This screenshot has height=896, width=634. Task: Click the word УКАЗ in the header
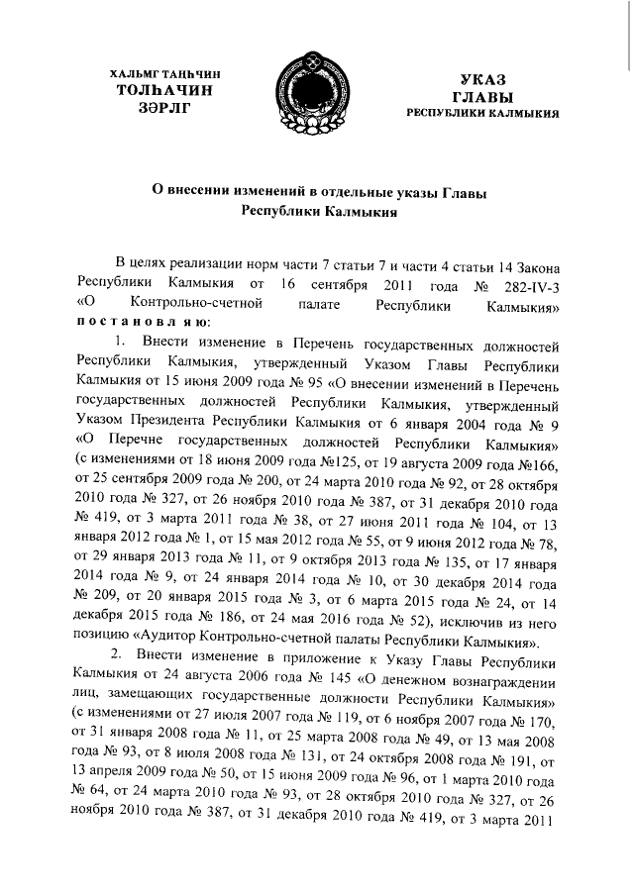click(482, 78)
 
